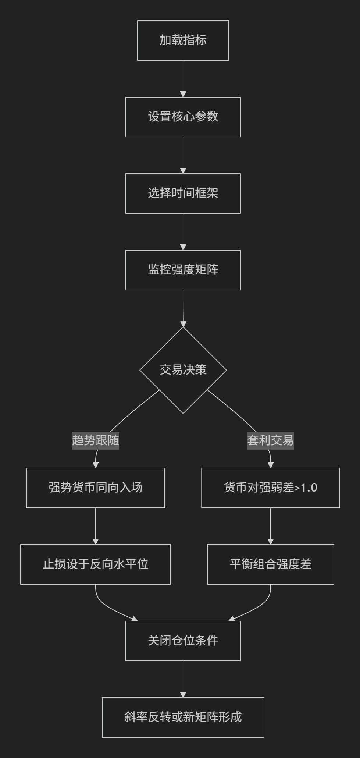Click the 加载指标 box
[183, 40]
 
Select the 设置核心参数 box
[183, 117]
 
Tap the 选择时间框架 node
[183, 194]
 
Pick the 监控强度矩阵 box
[183, 270]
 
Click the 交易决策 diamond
[183, 370]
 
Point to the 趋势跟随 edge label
[96, 440]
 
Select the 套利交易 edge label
[271, 440]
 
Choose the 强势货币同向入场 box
[96, 488]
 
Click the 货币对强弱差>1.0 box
[271, 488]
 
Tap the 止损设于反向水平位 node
[96, 564]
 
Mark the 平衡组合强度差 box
[271, 564]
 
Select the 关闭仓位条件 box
[183, 641]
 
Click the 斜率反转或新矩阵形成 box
[183, 718]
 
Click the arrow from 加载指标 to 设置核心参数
[183, 79]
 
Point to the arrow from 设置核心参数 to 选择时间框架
[183, 155]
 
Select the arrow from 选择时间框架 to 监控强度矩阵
[183, 232]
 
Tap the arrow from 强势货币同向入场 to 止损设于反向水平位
[96, 526]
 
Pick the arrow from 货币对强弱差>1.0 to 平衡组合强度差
[271, 526]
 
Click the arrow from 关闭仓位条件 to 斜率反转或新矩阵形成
[183, 679]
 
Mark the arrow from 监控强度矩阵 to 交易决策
[183, 308]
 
